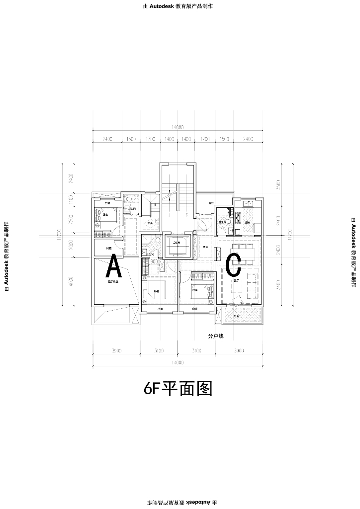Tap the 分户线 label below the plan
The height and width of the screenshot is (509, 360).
(216, 337)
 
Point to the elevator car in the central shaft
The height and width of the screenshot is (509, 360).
(176, 245)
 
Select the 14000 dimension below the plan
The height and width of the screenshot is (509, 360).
(177, 362)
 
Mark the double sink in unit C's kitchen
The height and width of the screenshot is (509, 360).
(247, 204)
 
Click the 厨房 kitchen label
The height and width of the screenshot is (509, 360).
(247, 222)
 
